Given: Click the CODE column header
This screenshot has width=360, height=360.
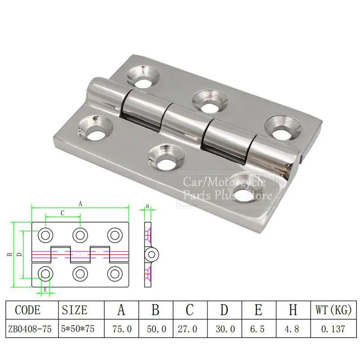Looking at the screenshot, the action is tap(28, 310).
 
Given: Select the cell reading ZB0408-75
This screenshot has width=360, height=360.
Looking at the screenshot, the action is tap(30, 329).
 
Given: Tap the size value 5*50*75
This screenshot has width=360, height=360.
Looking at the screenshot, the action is tap(78, 329).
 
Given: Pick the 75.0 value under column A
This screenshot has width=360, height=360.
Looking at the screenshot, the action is tap(122, 329).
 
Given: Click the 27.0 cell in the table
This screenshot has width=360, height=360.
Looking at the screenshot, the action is tap(187, 329).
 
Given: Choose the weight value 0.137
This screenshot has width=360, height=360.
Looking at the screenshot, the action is tap(333, 329).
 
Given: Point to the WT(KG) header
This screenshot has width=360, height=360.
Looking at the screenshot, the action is tap(333, 310).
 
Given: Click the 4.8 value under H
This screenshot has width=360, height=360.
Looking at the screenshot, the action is tap(292, 329).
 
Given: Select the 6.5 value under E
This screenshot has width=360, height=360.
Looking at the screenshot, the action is tap(257, 329).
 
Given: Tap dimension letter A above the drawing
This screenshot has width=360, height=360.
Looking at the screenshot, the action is tap(80, 204).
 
